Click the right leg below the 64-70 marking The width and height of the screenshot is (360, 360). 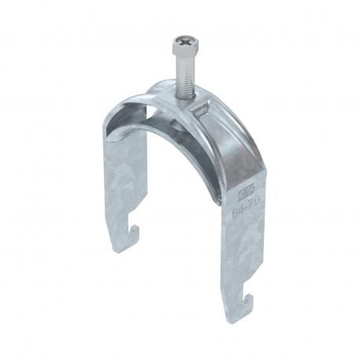[240, 244]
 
